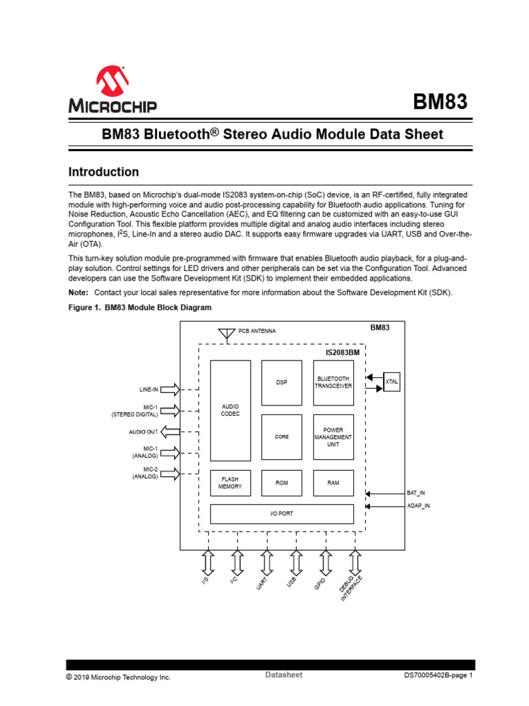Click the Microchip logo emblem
point(112,81)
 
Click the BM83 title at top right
point(440,103)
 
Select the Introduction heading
point(103,172)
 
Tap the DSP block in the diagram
point(282,382)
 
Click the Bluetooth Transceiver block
point(333,382)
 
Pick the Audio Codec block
point(230,410)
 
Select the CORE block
point(282,437)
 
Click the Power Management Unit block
point(333,437)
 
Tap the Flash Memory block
point(230,483)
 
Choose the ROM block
point(282,483)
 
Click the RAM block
point(333,483)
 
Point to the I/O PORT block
point(282,514)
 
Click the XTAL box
point(392,381)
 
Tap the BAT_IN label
point(415,493)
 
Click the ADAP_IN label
point(417,506)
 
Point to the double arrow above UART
point(267,563)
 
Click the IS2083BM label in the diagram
point(343,352)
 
